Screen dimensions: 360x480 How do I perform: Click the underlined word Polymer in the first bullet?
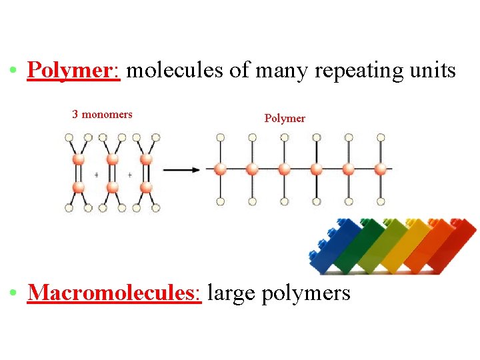(x=73, y=70)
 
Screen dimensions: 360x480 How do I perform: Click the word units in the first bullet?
(x=434, y=70)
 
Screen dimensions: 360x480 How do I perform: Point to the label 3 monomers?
(x=102, y=114)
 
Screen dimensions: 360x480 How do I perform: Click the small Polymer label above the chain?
(x=285, y=118)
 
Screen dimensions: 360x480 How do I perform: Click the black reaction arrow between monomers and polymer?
(x=181, y=169)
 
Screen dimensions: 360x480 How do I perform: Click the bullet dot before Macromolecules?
(x=13, y=292)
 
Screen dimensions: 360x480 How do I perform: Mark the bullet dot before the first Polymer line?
(x=13, y=70)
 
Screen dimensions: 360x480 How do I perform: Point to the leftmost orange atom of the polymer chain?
(x=221, y=169)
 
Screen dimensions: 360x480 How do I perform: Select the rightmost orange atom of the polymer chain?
(x=381, y=169)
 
